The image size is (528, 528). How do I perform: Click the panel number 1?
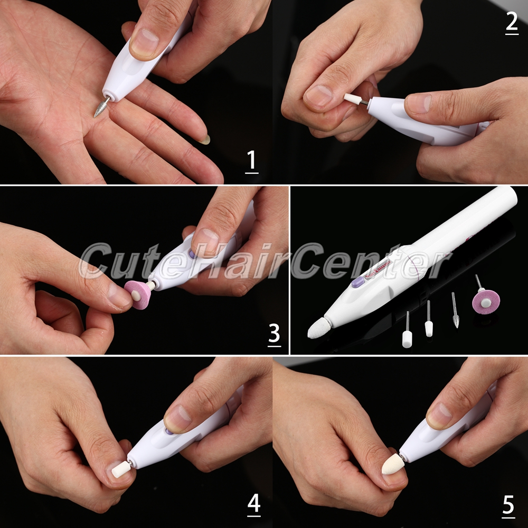point(251,162)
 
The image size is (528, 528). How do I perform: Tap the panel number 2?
point(512,22)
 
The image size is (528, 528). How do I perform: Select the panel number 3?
point(274,334)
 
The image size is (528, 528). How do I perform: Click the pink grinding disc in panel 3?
point(138,295)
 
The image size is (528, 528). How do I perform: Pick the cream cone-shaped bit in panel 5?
point(393,464)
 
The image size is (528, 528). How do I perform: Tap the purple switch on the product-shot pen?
point(358,281)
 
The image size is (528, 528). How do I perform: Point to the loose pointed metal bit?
point(455,310)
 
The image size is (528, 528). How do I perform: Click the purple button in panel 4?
point(169,431)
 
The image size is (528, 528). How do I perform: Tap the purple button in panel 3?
point(192,253)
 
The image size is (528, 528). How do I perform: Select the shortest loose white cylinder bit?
point(407,339)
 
